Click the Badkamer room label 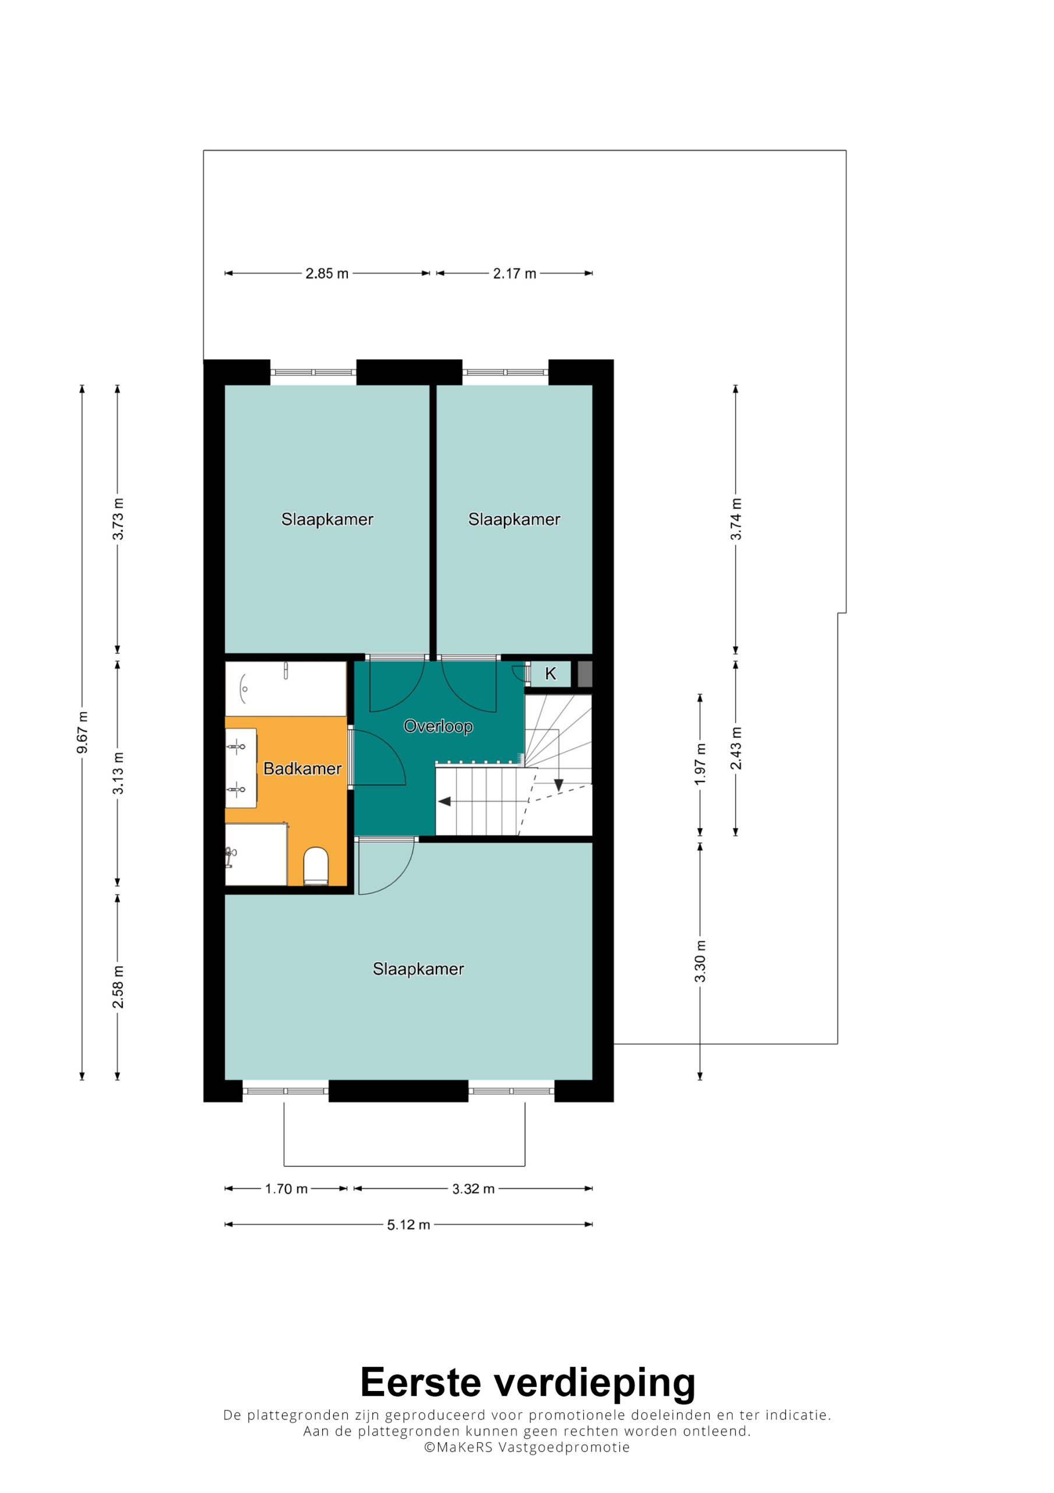click(x=302, y=769)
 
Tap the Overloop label click(x=438, y=726)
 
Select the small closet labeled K click(x=551, y=674)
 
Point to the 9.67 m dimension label click(x=83, y=733)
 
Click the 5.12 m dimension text click(x=409, y=1225)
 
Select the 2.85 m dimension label click(x=327, y=274)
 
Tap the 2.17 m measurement click(x=514, y=274)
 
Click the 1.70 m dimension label click(x=286, y=1189)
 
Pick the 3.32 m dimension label click(x=474, y=1189)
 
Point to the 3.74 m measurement click(x=736, y=519)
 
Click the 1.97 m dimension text click(x=700, y=764)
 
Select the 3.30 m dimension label click(x=700, y=962)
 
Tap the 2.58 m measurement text click(x=118, y=987)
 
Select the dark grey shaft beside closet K click(x=585, y=674)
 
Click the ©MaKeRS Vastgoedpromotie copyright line click(x=527, y=1447)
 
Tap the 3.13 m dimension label click(x=118, y=773)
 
